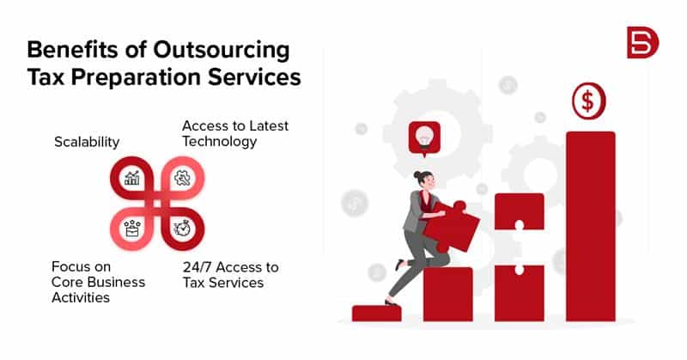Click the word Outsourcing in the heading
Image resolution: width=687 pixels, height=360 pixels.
222,51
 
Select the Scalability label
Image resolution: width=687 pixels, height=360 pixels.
87,142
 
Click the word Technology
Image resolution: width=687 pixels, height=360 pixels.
220,142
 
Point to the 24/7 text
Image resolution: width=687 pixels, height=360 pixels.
197,267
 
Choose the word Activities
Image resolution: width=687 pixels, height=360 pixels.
81,297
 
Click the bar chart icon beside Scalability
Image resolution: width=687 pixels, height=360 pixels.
132,178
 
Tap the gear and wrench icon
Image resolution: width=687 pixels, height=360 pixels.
182,178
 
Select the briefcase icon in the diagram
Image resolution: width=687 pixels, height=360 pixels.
132,229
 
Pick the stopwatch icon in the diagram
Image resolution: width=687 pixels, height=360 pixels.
182,229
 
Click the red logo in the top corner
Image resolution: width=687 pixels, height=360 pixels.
642,42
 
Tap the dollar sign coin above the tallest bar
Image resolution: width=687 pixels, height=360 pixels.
589,101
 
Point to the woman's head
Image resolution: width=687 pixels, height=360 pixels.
424,180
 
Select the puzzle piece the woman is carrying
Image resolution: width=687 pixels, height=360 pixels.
451,226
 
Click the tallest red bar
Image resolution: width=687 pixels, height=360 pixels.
591,226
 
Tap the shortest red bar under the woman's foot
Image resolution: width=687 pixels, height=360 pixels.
376,314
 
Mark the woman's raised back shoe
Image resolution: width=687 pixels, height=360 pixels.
399,265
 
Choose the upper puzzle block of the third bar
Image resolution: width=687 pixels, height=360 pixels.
520,212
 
